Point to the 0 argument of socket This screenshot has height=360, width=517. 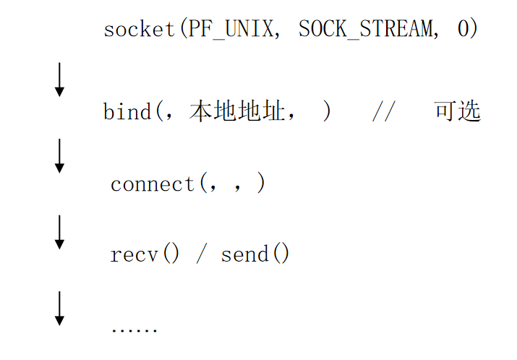[x=463, y=30]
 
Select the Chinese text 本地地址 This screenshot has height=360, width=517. [x=237, y=112]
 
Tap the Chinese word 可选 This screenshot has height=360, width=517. [x=457, y=112]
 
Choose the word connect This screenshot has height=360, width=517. [x=153, y=184]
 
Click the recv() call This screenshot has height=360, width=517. [x=145, y=254]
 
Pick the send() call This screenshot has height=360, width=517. [x=255, y=254]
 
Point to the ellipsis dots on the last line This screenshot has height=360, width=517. [x=134, y=329]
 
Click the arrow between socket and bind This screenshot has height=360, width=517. [x=59, y=80]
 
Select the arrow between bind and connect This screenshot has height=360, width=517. [x=59, y=155]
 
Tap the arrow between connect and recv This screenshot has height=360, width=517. [x=59, y=231]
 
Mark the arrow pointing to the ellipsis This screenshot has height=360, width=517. [x=59, y=307]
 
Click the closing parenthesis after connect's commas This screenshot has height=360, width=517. [x=260, y=184]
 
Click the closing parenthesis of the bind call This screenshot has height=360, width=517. [x=328, y=112]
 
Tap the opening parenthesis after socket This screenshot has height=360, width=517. [x=181, y=30]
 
